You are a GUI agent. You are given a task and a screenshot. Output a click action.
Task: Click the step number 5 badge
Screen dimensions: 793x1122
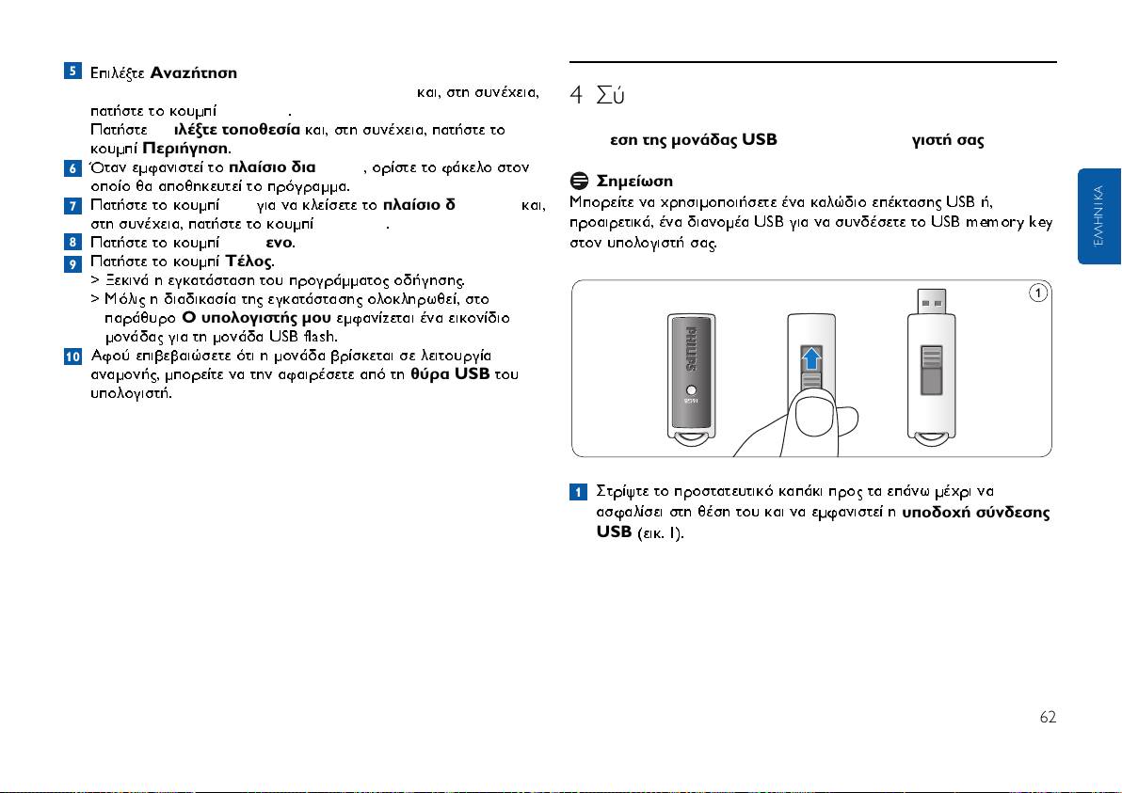(72, 72)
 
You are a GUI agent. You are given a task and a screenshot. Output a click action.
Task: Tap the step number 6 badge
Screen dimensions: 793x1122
(72, 167)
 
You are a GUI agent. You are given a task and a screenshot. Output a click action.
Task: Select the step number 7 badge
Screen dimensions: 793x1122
(72, 204)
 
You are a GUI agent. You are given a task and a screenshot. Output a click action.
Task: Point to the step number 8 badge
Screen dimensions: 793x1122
(72, 242)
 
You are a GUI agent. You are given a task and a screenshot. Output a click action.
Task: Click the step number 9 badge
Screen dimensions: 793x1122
(72, 261)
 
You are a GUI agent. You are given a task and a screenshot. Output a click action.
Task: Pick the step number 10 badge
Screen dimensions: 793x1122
(72, 356)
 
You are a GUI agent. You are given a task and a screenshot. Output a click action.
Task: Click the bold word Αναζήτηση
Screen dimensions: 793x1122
(193, 73)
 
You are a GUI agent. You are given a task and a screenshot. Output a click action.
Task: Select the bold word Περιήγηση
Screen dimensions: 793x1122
(184, 149)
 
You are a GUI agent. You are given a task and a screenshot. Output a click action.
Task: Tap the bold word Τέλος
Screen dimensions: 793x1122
(248, 261)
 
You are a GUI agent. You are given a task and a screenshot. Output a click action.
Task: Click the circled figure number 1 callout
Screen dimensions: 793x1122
(1036, 293)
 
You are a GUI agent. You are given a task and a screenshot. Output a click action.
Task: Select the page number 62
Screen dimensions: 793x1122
(1047, 717)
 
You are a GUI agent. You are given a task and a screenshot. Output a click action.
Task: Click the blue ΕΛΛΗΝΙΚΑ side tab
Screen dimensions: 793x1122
(1098, 216)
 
